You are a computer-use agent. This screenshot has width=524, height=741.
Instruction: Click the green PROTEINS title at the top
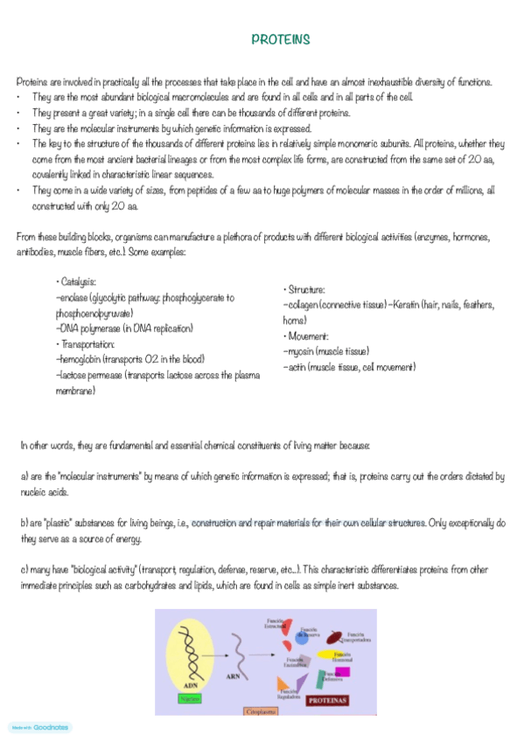(280, 39)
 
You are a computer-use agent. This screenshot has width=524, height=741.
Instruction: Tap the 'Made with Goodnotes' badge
(39, 726)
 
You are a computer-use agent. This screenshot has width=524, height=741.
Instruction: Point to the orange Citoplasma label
(263, 712)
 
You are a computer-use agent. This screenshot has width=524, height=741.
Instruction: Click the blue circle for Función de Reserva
(302, 637)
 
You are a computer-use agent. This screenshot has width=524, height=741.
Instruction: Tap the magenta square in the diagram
(342, 673)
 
